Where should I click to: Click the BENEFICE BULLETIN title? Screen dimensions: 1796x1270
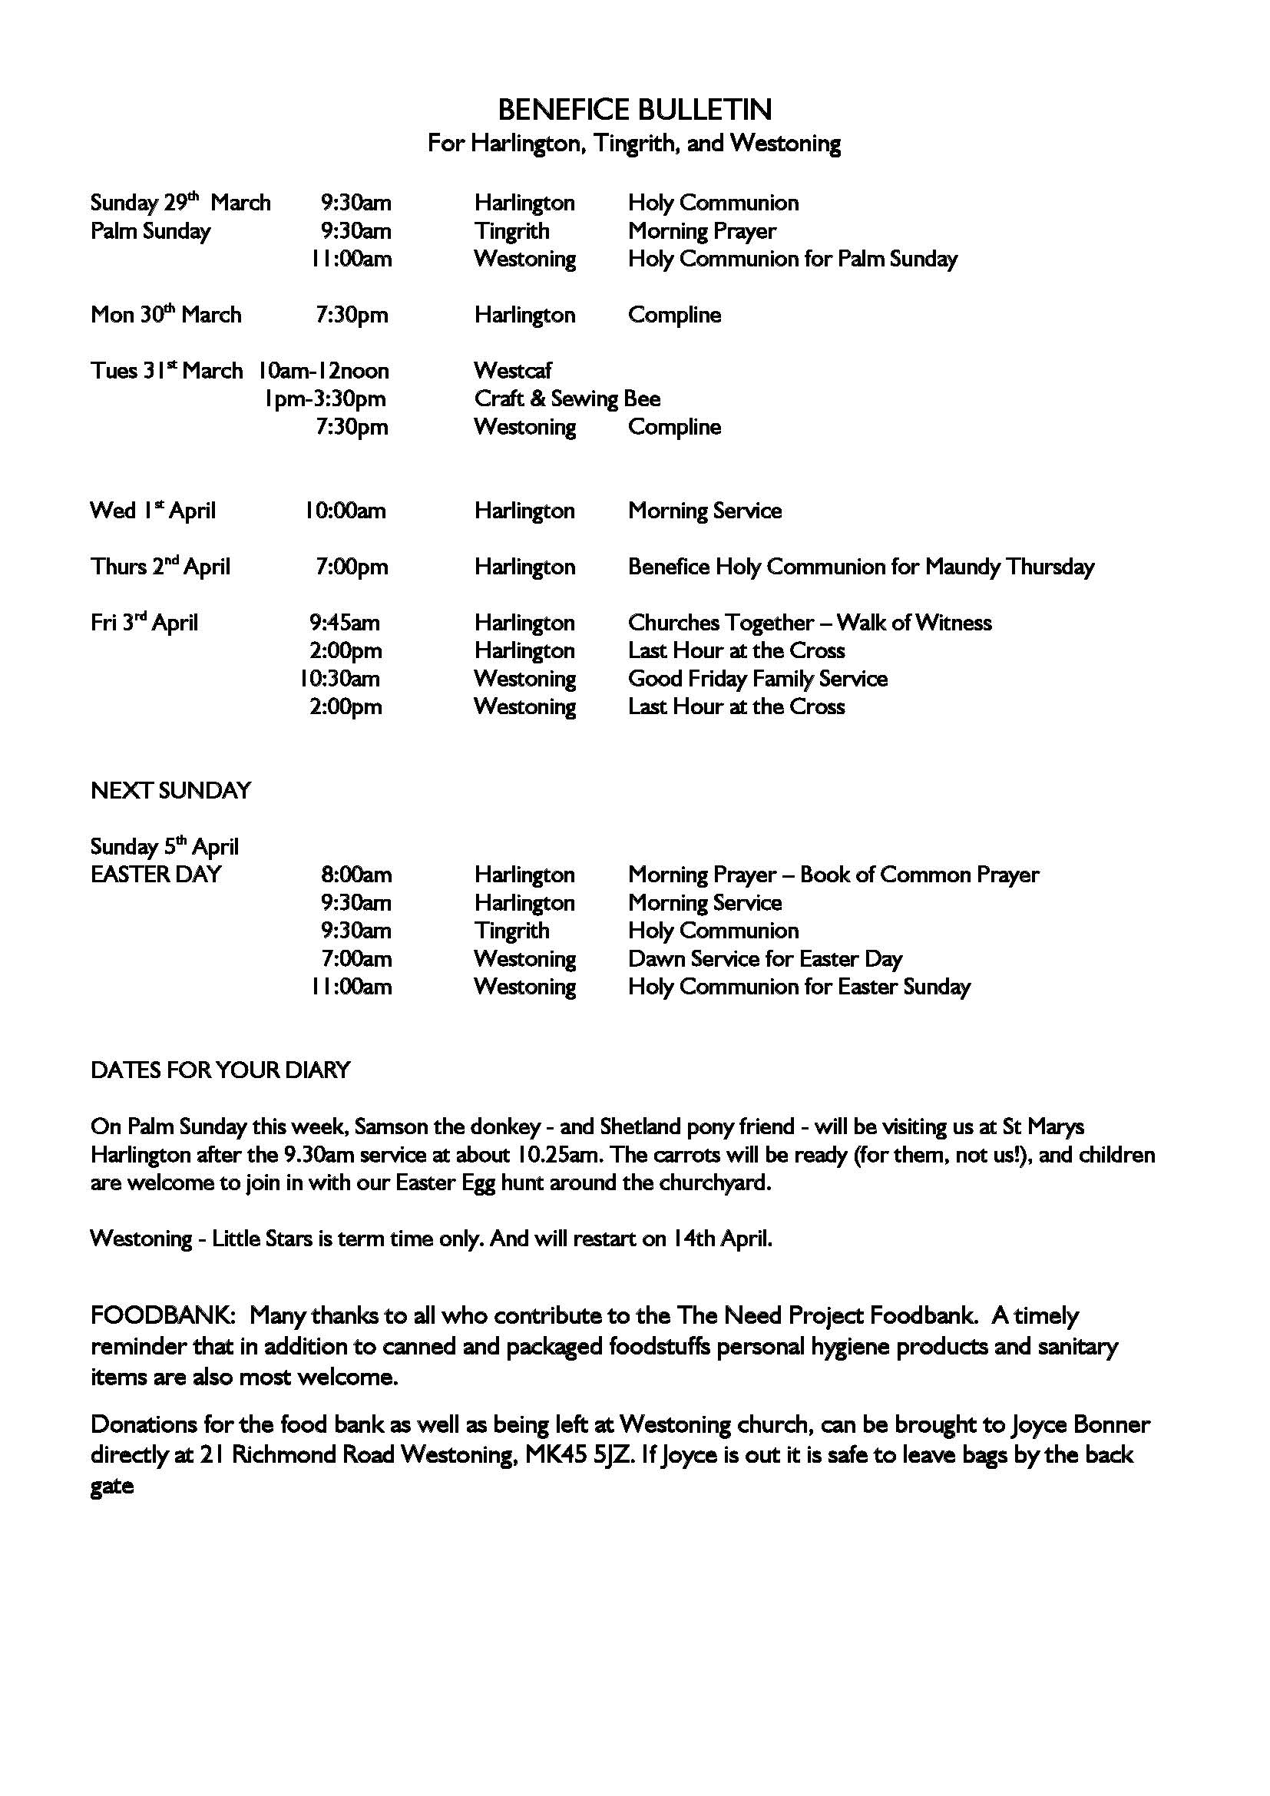point(634,110)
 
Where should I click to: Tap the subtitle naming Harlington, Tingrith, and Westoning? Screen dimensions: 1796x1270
point(634,144)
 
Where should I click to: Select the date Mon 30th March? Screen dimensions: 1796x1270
point(166,315)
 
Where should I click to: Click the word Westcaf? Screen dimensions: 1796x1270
point(512,371)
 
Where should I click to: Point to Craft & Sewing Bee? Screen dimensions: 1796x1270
point(567,399)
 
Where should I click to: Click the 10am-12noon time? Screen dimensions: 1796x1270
point(324,371)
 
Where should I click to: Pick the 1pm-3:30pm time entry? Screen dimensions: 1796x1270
point(326,399)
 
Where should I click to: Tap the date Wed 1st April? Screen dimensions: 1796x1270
point(153,511)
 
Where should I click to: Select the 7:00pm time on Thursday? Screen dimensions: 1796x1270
point(352,567)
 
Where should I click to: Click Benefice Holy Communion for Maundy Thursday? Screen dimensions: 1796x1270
point(861,567)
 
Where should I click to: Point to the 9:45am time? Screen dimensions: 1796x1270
point(345,623)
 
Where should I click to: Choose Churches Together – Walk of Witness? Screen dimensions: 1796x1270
point(809,623)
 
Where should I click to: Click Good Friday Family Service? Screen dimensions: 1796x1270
point(757,679)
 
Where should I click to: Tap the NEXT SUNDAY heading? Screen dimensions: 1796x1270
point(170,791)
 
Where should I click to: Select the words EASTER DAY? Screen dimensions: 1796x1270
point(156,875)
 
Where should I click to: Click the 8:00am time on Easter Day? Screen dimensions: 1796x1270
point(356,875)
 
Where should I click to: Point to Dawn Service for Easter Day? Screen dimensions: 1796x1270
point(765,959)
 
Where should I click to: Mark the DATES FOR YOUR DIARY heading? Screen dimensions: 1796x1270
point(220,1070)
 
